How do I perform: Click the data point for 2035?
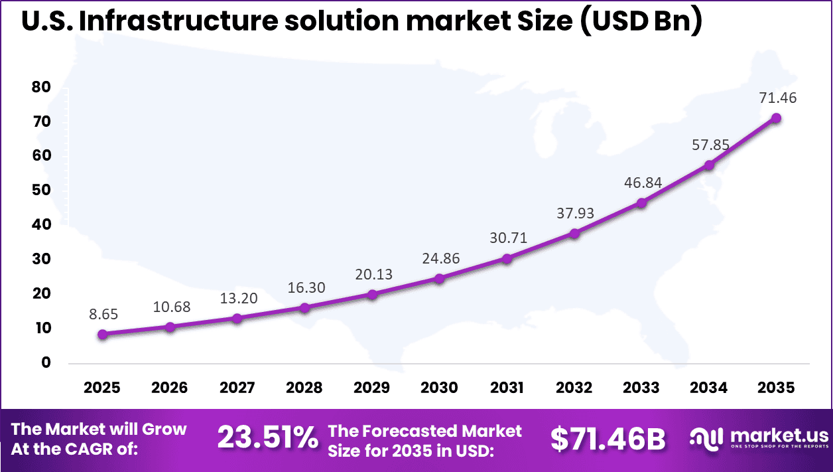point(776,118)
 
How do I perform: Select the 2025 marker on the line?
point(102,335)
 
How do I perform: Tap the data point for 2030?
point(439,279)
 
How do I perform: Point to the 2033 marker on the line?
point(641,203)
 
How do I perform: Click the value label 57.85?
point(708,144)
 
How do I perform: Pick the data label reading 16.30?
point(304,288)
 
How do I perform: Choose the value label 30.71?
point(507,237)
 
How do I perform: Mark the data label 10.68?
point(170,307)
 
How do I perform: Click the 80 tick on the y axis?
point(41,88)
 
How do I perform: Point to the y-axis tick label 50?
point(41,191)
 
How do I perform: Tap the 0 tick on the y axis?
point(46,362)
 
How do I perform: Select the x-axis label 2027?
point(237,388)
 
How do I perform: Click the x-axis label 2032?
point(574,388)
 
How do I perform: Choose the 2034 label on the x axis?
point(708,388)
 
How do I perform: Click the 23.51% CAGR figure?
point(267,438)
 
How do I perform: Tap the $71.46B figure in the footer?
point(608,438)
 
